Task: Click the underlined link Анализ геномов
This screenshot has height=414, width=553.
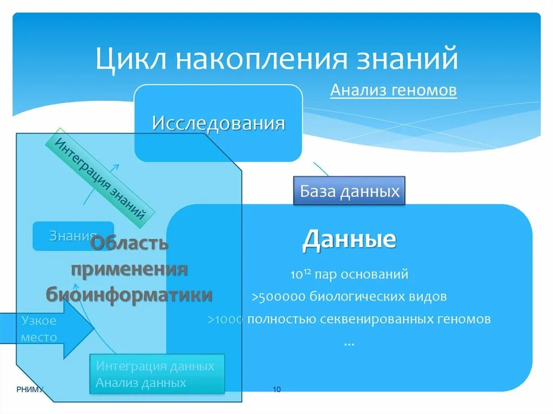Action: click(x=393, y=90)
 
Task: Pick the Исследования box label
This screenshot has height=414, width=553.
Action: click(x=218, y=123)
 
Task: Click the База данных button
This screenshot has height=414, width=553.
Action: click(x=349, y=191)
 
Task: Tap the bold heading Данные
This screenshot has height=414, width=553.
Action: click(x=349, y=239)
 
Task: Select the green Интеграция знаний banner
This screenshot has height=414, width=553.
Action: click(x=100, y=178)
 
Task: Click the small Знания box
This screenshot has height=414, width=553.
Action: click(x=72, y=236)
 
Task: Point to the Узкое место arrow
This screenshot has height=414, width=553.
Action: click(x=46, y=329)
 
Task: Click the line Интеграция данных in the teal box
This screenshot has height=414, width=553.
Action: click(x=155, y=366)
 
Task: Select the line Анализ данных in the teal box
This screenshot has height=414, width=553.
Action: click(x=140, y=383)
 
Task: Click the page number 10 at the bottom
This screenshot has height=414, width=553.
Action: click(x=276, y=390)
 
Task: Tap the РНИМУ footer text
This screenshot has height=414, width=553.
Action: click(x=28, y=390)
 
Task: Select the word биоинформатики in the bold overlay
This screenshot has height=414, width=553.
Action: click(x=129, y=295)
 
